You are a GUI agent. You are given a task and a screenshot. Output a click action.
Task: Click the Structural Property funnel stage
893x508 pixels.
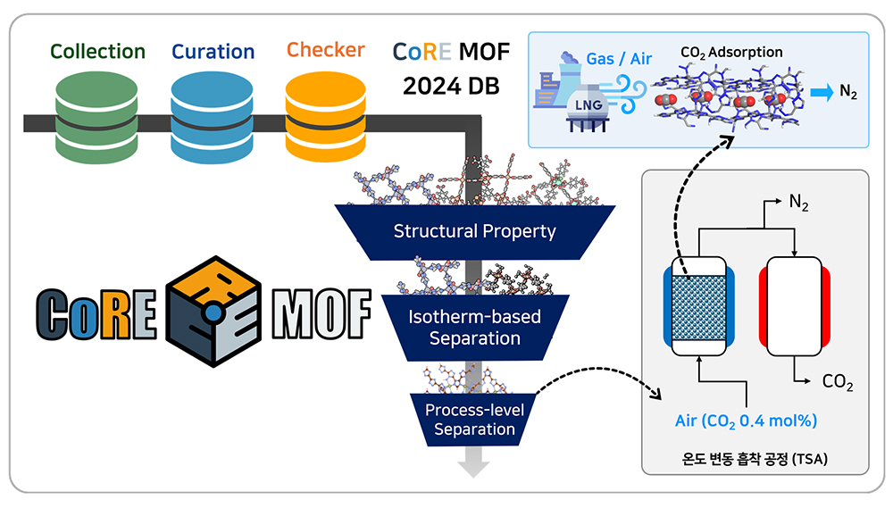tap(475, 231)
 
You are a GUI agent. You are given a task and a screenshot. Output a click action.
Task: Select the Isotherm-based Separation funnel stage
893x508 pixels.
tap(475, 328)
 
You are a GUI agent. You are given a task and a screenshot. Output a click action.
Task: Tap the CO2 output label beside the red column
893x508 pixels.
tap(837, 384)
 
